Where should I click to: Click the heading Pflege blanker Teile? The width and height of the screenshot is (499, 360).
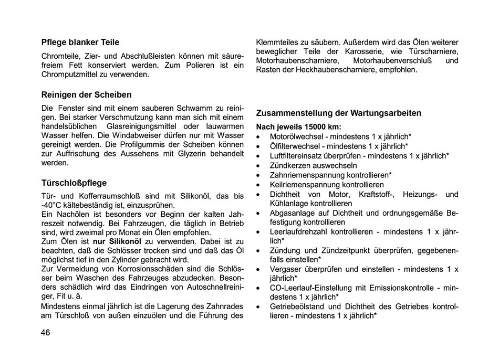[x=80, y=42]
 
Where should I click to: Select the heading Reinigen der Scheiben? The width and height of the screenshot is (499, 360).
[x=86, y=95]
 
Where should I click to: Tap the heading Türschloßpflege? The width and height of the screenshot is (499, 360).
[x=74, y=183]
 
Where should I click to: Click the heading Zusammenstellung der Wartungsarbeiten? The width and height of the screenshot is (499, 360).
[x=338, y=113]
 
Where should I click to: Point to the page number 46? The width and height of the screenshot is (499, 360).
[x=46, y=333]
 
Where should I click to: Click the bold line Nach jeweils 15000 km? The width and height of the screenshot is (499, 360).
[x=298, y=126]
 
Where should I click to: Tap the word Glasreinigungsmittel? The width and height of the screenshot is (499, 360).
[x=139, y=126]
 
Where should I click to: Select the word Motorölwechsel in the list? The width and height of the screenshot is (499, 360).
[x=295, y=136]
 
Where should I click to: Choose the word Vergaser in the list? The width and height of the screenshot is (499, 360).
[x=285, y=269]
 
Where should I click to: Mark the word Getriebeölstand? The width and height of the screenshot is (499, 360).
[x=297, y=306]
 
